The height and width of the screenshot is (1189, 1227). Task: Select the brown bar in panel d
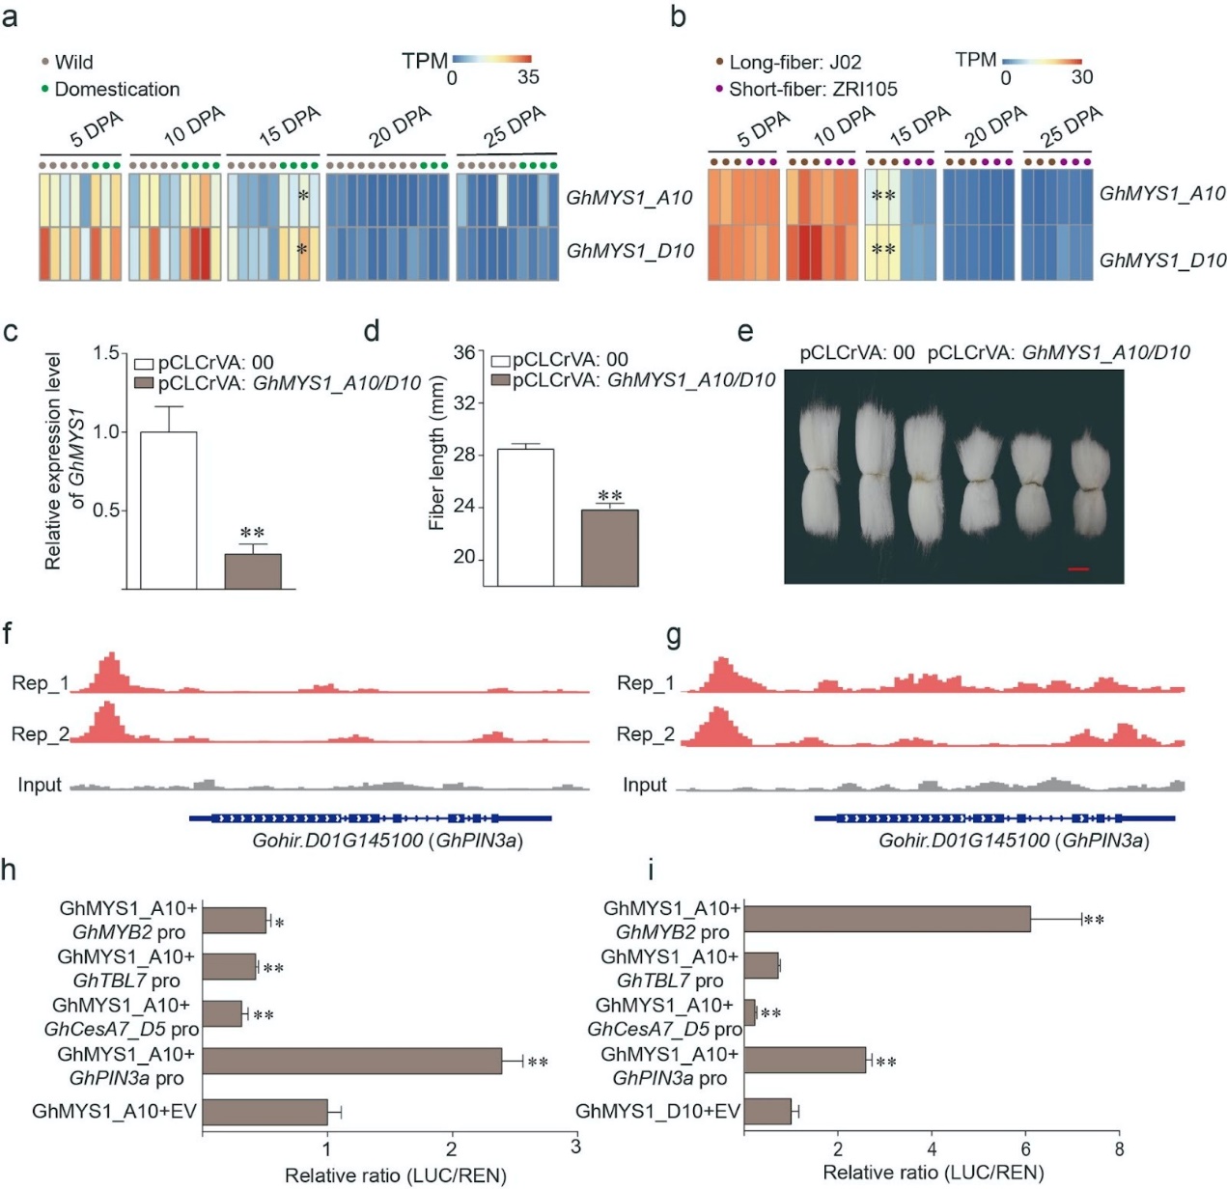609,547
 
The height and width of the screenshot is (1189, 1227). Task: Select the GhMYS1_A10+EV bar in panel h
265,1112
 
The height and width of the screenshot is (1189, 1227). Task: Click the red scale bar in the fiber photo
1078,569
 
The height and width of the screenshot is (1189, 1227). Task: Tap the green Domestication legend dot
44,90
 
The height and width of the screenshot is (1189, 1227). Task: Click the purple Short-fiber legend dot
718,89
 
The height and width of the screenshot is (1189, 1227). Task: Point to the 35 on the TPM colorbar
528,78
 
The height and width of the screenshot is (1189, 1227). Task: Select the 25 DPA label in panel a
515,126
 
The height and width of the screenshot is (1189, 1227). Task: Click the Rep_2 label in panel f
40,734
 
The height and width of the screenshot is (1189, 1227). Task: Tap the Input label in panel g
645,785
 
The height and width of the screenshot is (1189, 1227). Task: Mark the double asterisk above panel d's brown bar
609,496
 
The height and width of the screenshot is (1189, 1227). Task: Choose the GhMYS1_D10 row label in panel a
629,251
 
